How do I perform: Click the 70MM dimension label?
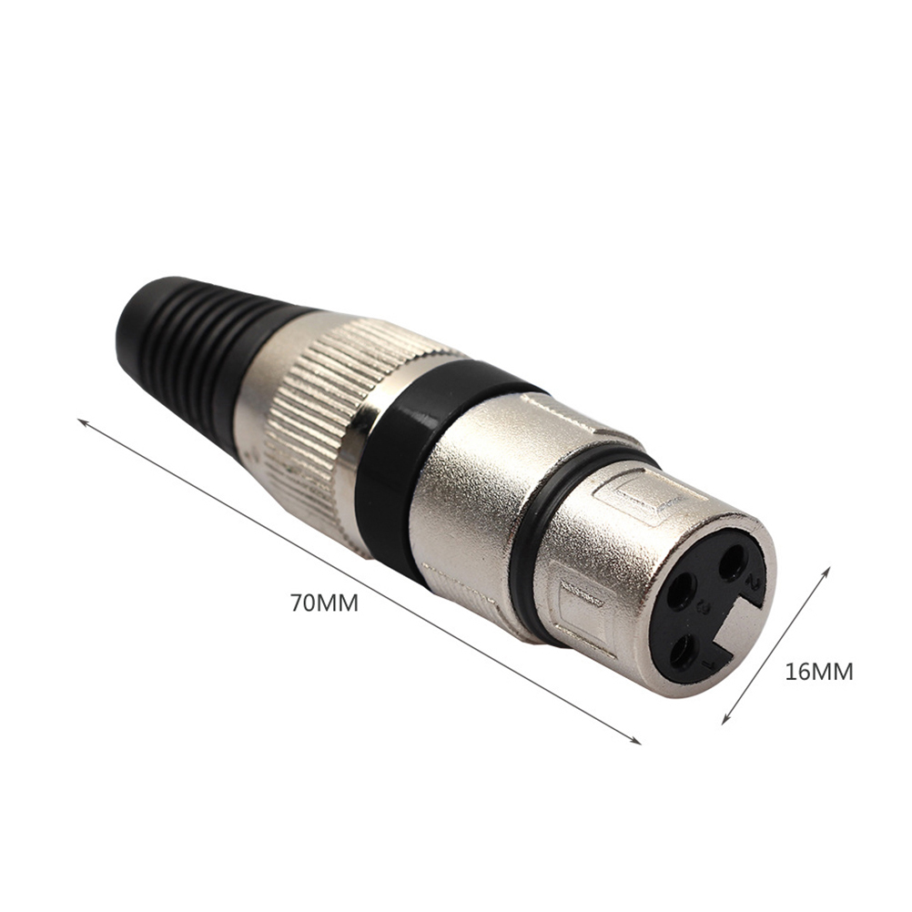click(x=325, y=603)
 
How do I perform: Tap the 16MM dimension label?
click(x=819, y=672)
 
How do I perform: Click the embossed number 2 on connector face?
click(x=755, y=582)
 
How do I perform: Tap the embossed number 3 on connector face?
click(x=704, y=608)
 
